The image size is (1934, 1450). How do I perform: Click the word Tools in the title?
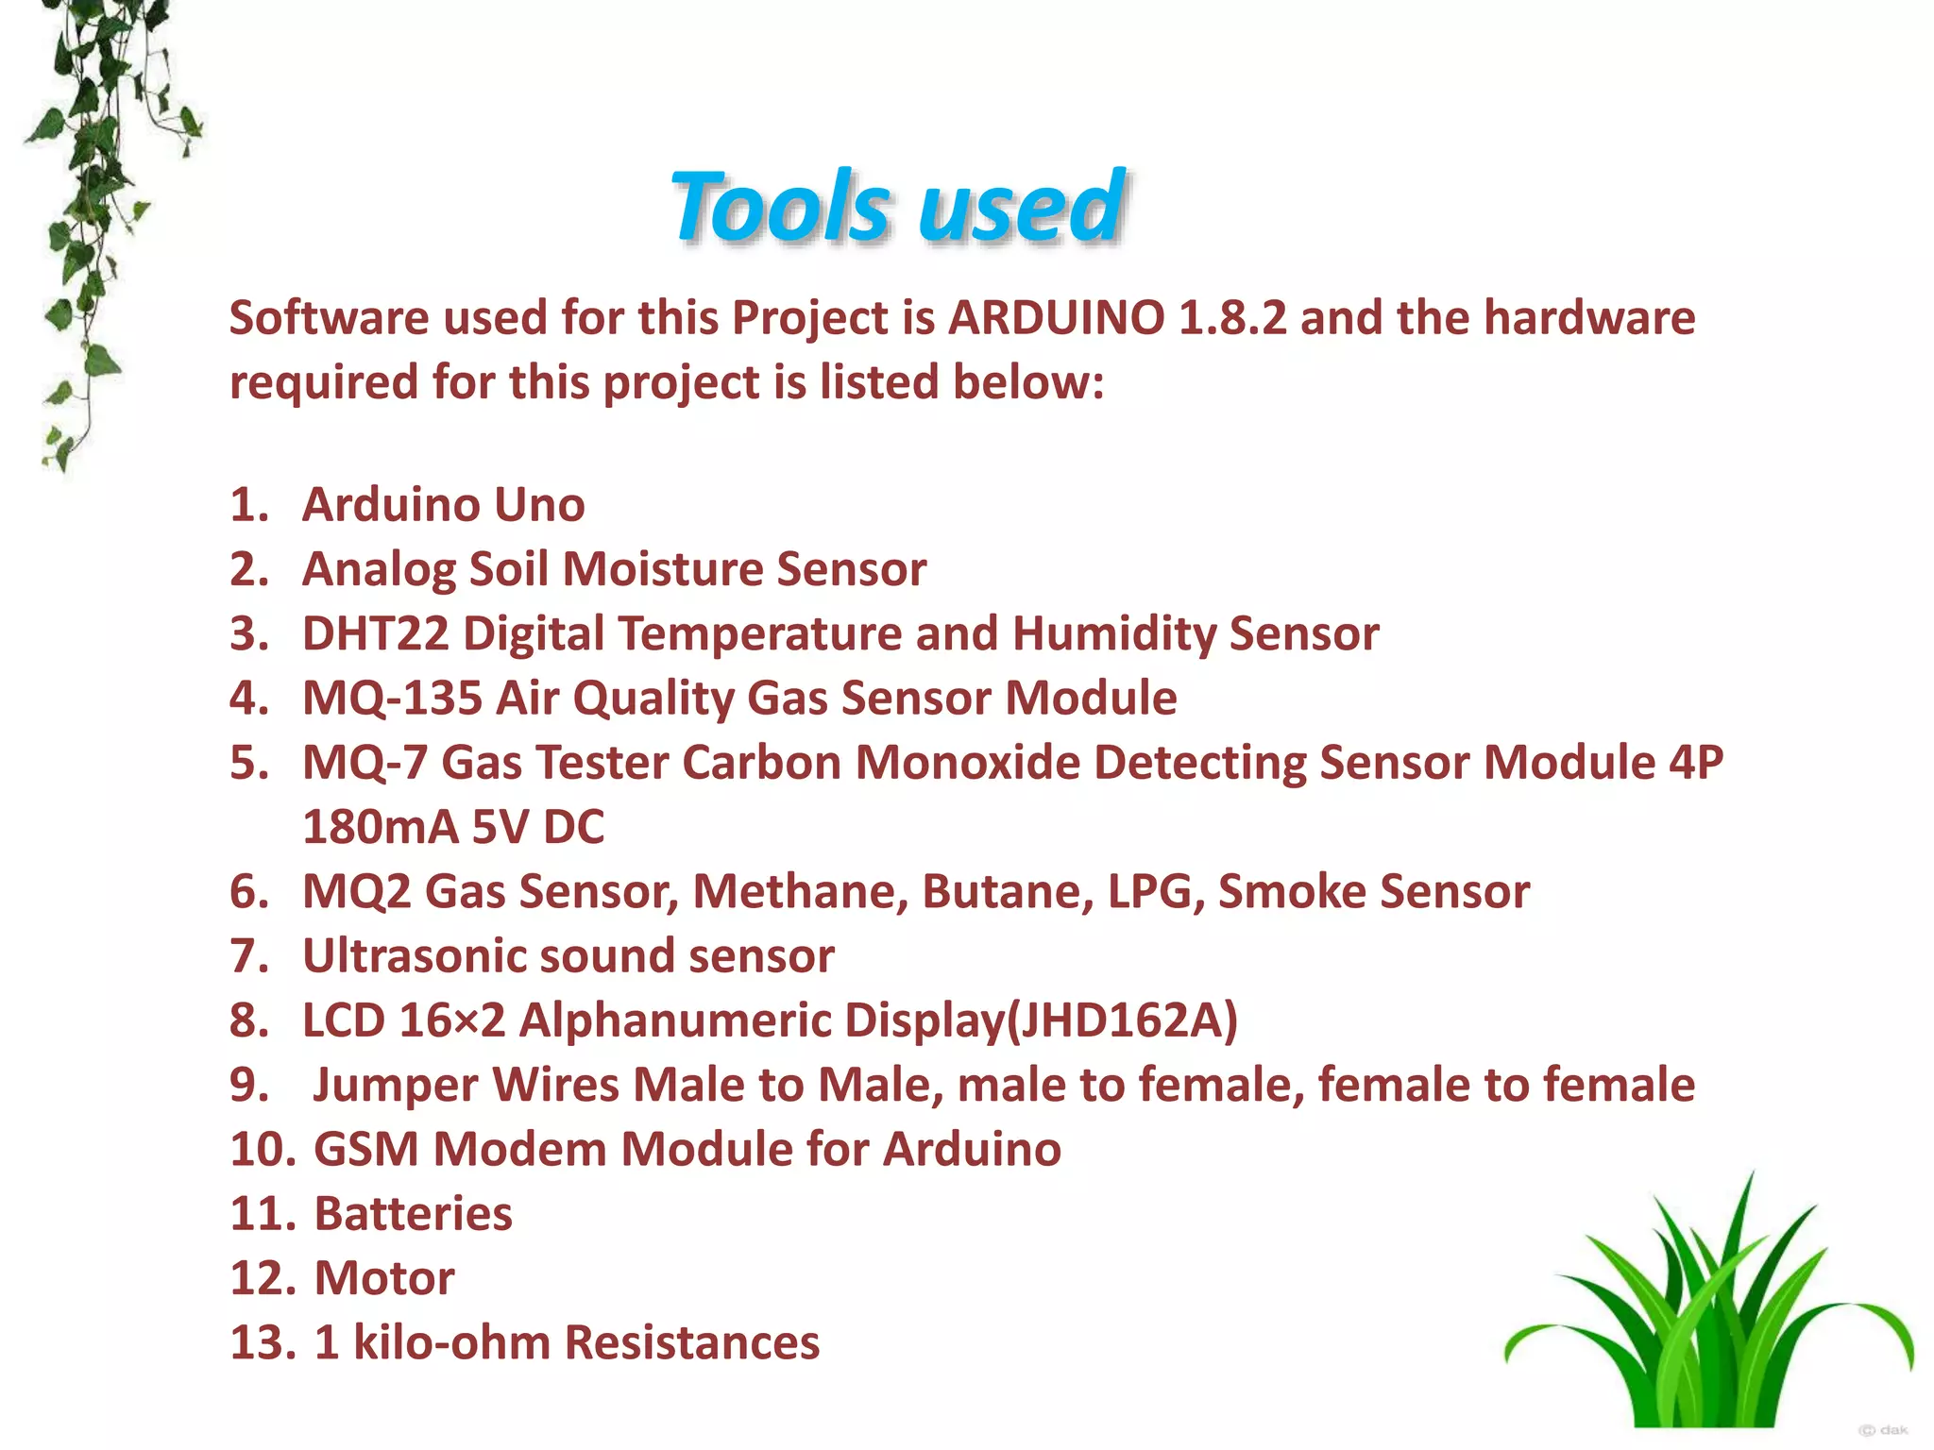779,207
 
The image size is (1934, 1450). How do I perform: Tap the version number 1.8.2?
1232,318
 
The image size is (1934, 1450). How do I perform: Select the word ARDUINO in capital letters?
1057,318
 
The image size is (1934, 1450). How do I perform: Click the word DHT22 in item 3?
375,633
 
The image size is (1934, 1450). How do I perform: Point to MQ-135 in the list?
391,699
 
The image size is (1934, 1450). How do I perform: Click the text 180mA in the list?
380,827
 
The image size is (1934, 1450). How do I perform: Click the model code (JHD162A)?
1123,1020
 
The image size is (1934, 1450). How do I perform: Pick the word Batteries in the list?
413,1214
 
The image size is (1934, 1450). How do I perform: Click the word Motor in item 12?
383,1278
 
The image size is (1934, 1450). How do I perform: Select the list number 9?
247,1086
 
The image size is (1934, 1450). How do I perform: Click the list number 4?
247,699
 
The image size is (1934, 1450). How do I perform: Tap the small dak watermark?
1884,1430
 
